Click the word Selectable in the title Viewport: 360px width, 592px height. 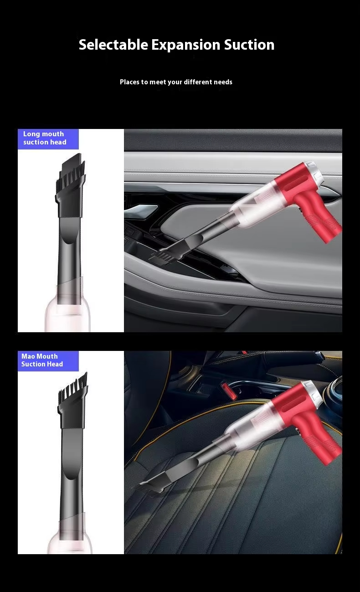point(113,44)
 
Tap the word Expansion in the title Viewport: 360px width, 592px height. point(186,45)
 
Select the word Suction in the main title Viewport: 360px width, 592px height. point(249,44)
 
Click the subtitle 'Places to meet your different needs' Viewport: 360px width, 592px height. point(176,82)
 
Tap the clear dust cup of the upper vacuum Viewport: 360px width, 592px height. point(254,206)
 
